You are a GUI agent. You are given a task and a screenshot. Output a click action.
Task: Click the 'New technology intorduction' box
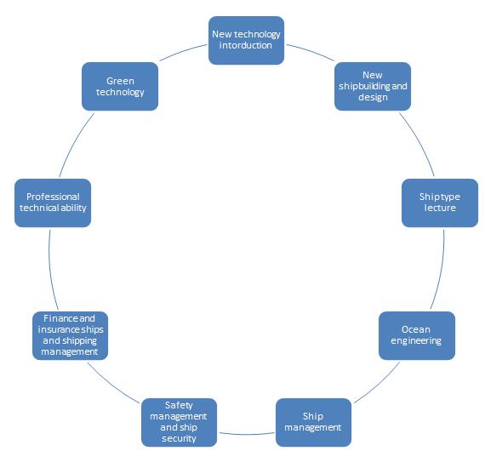click(x=246, y=41)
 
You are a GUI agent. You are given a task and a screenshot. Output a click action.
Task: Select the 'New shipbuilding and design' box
click(x=373, y=86)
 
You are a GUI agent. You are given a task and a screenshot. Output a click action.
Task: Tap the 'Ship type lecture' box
click(x=440, y=203)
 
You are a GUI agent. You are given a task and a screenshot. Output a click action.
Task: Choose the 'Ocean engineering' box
click(x=417, y=335)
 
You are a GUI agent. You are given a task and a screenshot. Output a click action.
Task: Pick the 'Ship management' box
click(x=313, y=423)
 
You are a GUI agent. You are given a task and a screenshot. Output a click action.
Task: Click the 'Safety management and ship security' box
click(x=179, y=423)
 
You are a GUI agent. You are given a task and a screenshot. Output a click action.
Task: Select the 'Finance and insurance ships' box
click(x=71, y=335)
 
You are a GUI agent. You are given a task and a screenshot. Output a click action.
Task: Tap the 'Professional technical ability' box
click(x=53, y=203)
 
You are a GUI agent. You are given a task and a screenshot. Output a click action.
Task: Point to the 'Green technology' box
click(x=120, y=86)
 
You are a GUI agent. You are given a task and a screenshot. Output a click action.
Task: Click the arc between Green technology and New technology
click(x=182, y=51)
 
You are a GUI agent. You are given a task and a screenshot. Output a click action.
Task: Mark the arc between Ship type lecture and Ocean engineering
click(x=440, y=270)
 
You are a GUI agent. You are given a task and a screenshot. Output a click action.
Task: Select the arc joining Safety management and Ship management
click(x=247, y=434)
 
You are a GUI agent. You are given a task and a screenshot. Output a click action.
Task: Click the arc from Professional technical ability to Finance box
click(x=51, y=270)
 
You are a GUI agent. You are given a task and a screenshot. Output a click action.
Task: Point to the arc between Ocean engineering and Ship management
click(x=379, y=385)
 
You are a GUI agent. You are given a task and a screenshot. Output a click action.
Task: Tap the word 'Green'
click(x=120, y=81)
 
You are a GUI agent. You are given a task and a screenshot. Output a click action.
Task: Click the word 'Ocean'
click(x=416, y=329)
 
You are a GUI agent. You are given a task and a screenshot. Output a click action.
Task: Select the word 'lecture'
click(x=440, y=208)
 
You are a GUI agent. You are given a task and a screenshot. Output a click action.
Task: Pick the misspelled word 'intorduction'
click(x=246, y=45)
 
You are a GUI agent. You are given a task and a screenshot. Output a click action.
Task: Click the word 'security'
click(x=179, y=438)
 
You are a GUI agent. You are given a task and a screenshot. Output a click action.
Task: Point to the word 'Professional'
click(x=53, y=197)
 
